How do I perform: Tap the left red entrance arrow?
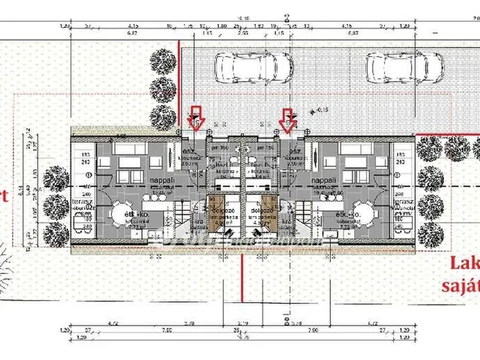point(196,118)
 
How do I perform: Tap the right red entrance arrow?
point(286,118)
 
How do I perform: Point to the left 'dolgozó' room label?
point(220,211)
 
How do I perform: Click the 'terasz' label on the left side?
point(80,203)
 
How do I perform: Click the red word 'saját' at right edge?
point(460,285)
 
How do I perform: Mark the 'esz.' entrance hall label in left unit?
point(189,151)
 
